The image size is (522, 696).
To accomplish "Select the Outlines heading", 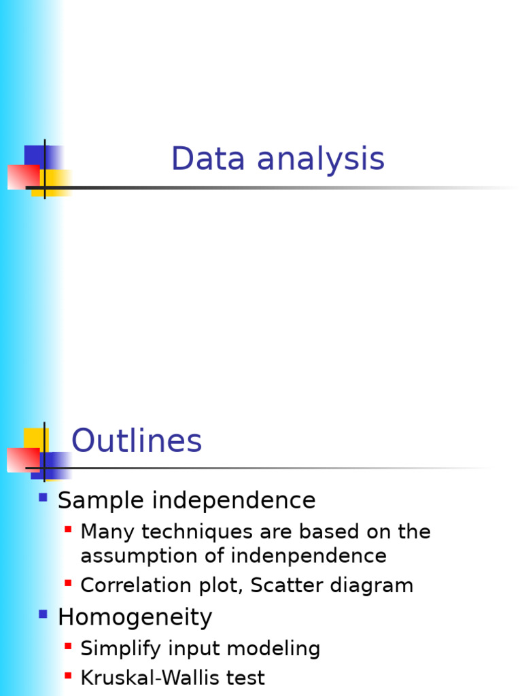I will coord(137,441).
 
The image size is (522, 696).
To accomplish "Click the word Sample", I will coord(101,501).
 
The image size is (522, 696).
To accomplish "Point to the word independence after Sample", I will coord(234,501).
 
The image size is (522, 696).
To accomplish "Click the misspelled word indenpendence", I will coord(309,556).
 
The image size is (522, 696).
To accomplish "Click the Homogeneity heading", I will coord(135,617).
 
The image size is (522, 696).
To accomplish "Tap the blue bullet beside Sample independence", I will coord(43,498).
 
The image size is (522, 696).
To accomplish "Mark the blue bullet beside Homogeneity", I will coord(43,614).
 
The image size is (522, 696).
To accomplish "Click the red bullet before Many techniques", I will coord(68,528).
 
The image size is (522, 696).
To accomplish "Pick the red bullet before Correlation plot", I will coord(68,582).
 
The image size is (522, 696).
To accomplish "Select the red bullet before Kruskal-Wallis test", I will coord(68,675).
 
